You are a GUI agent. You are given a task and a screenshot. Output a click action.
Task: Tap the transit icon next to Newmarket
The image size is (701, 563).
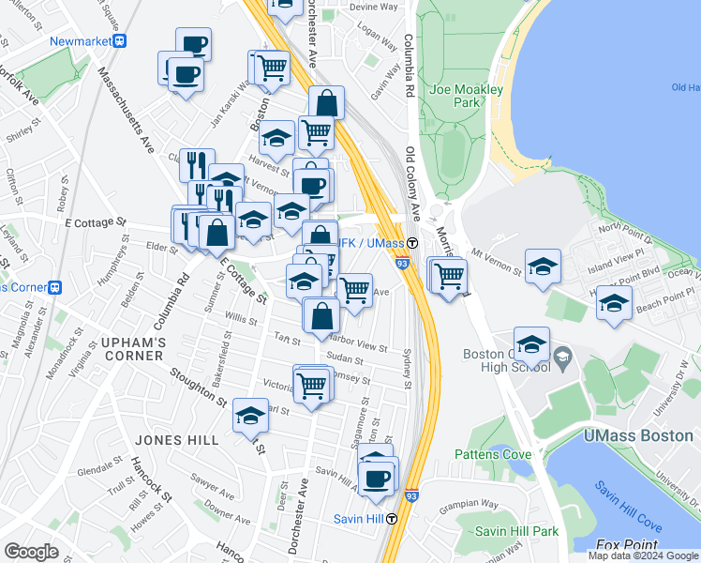click(x=120, y=41)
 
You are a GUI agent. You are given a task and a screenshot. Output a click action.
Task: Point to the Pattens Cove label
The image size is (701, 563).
click(x=493, y=454)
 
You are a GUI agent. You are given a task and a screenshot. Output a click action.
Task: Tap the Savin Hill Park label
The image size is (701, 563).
click(x=516, y=531)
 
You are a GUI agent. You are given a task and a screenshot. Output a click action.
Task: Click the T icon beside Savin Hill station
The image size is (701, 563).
click(x=392, y=518)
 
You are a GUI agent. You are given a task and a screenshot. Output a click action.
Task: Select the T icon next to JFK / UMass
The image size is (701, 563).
click(x=411, y=243)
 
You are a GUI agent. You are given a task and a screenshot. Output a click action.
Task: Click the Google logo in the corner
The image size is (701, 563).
click(x=31, y=552)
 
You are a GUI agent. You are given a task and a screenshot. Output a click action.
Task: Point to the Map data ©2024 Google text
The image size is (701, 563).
click(x=642, y=555)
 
